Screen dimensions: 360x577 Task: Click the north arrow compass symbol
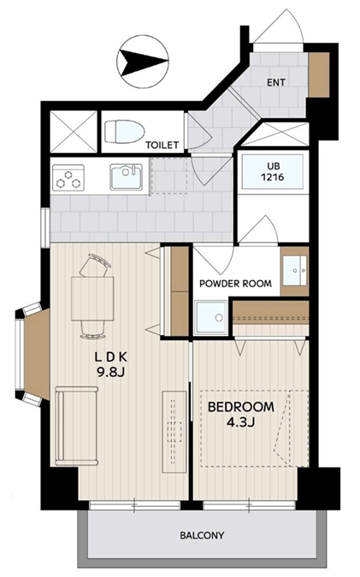click(143, 62)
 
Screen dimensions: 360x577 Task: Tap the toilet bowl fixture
click(124, 132)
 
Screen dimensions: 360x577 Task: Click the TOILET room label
click(162, 145)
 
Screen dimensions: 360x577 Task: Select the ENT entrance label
click(276, 82)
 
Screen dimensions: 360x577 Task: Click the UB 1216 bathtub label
click(273, 172)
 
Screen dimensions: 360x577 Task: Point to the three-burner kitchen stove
click(68, 177)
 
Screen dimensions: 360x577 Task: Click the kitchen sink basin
click(126, 177)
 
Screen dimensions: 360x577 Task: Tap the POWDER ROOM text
click(236, 283)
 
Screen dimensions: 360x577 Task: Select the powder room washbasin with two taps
click(294, 270)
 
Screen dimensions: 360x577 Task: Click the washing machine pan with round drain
click(210, 317)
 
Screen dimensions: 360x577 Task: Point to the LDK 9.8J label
click(111, 365)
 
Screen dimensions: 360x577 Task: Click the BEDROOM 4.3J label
click(241, 415)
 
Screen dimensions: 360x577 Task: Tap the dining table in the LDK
click(92, 299)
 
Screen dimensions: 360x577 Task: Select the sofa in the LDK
click(77, 426)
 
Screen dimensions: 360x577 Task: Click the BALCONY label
click(202, 535)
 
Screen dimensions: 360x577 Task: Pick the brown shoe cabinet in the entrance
click(319, 75)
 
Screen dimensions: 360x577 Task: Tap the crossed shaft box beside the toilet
click(74, 132)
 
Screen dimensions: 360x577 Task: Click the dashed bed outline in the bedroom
click(255, 429)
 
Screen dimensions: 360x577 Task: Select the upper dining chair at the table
click(95, 266)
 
